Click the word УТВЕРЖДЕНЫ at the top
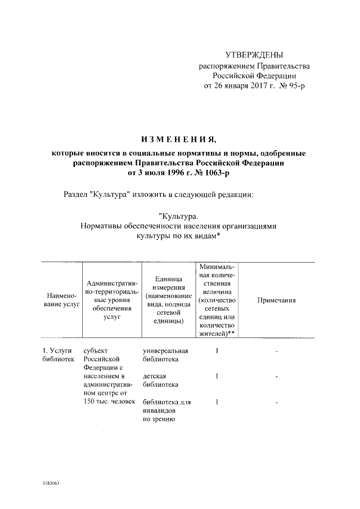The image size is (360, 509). (254, 55)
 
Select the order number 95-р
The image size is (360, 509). (295, 85)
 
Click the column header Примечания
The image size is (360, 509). (276, 301)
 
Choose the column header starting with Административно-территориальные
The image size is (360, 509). (110, 301)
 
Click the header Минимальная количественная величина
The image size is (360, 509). (216, 301)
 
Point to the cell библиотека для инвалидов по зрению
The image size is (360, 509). (167, 411)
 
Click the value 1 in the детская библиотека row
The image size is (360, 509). (217, 376)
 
